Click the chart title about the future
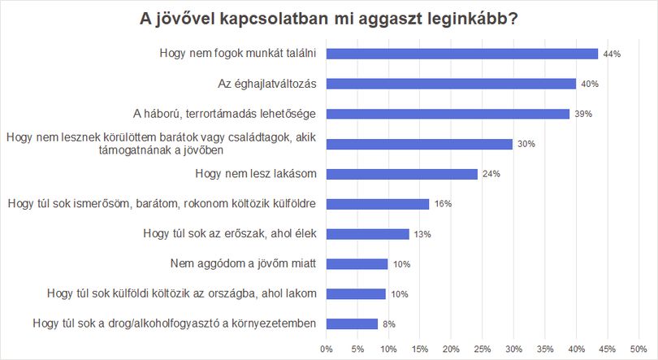(328, 19)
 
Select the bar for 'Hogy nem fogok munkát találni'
(462, 54)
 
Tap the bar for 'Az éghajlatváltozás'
(451, 84)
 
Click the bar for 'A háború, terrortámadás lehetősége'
(448, 114)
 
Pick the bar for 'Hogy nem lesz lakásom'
(402, 174)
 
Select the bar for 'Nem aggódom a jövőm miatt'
(357, 264)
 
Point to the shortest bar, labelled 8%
(352, 324)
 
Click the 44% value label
(612, 54)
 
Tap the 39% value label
(583, 114)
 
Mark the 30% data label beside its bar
(526, 144)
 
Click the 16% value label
(444, 204)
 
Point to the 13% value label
(422, 234)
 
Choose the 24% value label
(491, 174)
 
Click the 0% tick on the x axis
(326, 349)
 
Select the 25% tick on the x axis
(483, 349)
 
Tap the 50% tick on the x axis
(639, 349)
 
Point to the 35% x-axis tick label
(545, 349)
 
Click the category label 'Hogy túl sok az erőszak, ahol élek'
(230, 234)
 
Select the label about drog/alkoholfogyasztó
(174, 323)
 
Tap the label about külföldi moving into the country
(182, 293)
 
